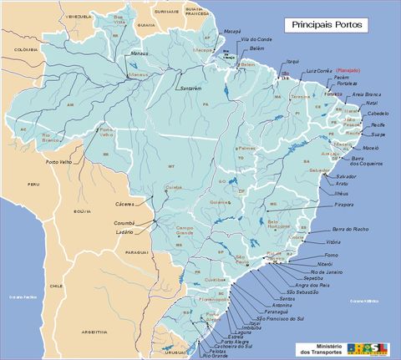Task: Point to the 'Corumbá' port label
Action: (124, 223)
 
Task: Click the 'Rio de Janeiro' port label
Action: (327, 272)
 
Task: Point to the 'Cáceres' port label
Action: (125, 204)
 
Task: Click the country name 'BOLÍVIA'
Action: (82, 211)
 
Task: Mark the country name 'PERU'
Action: (33, 184)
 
